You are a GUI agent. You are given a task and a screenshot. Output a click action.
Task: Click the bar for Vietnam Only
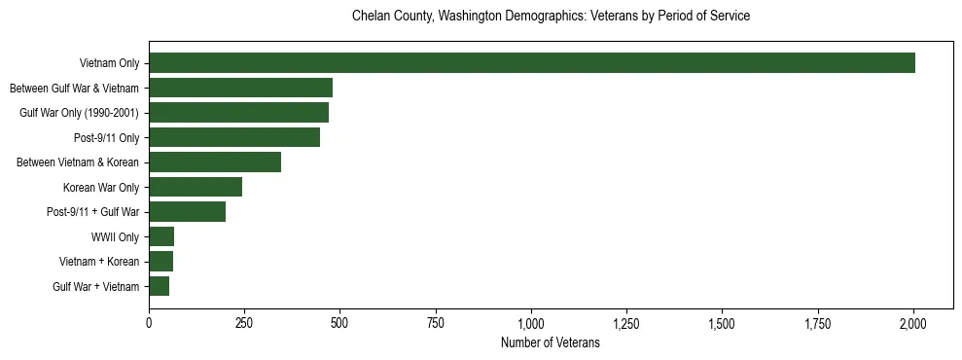coord(532,63)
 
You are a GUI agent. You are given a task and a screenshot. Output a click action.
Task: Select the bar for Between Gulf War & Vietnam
coord(240,88)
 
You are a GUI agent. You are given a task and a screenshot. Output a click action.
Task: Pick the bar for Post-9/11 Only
coord(234,137)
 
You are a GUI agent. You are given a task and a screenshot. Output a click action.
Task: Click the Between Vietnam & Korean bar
coord(215,162)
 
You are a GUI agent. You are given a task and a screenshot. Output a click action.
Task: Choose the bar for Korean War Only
coord(196,187)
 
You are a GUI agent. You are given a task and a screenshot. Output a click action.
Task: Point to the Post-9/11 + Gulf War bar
coord(187,212)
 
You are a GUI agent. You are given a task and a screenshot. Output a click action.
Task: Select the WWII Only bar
coord(161,236)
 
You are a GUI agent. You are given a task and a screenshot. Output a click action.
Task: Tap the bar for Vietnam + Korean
coord(160,262)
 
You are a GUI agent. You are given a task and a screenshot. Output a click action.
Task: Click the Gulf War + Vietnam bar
coord(159,286)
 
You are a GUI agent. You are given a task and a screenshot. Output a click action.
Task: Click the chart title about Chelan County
coord(551,17)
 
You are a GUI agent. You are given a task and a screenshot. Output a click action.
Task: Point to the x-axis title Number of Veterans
coord(551,343)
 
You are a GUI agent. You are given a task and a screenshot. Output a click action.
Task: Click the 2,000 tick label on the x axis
coord(913,323)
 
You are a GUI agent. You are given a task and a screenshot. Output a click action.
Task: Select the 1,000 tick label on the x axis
coord(531,323)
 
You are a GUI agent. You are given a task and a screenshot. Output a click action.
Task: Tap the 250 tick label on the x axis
coord(244,323)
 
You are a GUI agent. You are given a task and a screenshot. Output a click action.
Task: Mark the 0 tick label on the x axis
coord(149,323)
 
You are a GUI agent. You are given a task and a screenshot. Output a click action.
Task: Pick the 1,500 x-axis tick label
coord(722,323)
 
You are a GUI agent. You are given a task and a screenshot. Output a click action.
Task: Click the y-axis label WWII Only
coord(115,237)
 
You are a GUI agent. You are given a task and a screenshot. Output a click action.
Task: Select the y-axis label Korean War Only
coord(101,188)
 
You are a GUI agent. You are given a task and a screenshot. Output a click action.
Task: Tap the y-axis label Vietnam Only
coord(109,64)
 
